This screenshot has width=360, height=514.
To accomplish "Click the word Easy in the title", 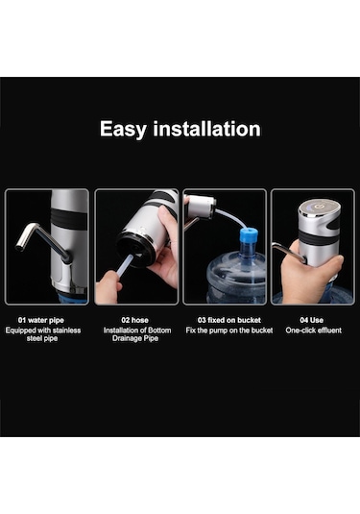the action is (123, 129).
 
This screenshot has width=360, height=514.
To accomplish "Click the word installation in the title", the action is (206, 128).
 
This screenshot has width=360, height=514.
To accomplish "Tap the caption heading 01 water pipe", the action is (41, 320).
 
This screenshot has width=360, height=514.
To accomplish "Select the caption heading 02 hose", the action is (134, 320).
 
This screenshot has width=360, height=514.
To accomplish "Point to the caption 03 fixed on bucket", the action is (229, 320).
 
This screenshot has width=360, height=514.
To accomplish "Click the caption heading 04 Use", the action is (311, 320).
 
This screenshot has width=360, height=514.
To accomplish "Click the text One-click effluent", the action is (313, 330).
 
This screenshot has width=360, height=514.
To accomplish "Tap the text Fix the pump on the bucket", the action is (229, 330).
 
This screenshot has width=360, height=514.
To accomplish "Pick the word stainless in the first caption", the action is (66, 330).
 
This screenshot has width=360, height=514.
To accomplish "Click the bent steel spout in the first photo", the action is (41, 240).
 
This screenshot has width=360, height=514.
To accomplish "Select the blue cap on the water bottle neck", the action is (249, 236).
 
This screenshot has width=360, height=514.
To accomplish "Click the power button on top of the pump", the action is (318, 207).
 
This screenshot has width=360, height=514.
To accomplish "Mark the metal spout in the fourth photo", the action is (288, 252).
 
